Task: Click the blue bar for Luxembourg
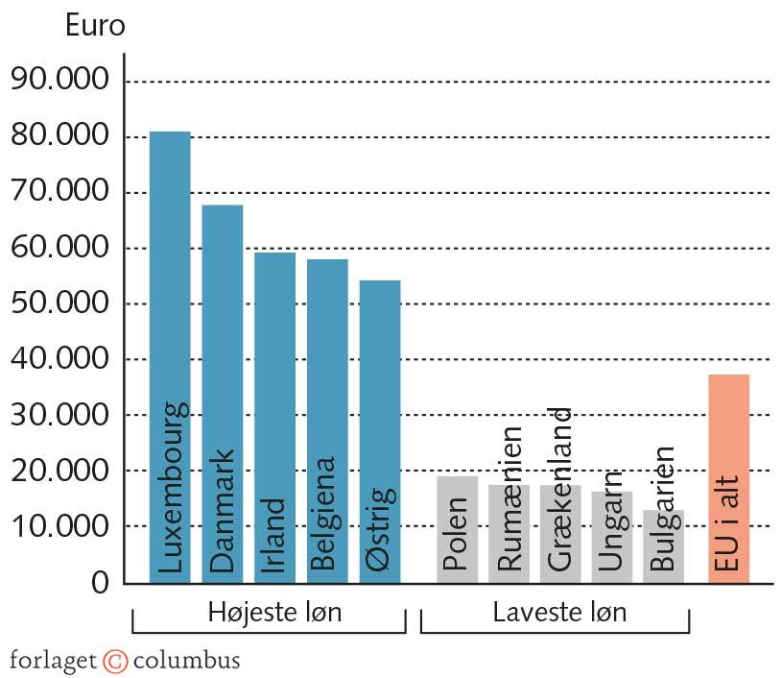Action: [x=170, y=288]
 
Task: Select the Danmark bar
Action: [x=222, y=336]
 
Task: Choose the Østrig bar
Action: [x=380, y=384]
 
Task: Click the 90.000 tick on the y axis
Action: [x=59, y=81]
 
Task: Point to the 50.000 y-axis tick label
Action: [x=59, y=303]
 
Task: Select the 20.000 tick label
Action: [x=59, y=471]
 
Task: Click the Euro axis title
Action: [x=95, y=26]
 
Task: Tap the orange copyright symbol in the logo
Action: [x=115, y=661]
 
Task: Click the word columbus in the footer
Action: [x=186, y=661]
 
